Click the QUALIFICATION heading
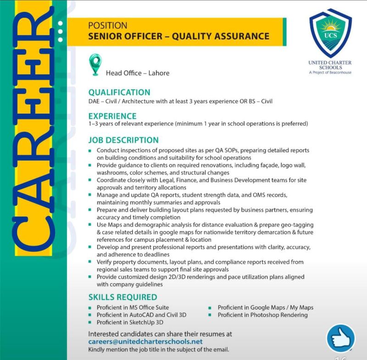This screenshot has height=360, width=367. tap(119, 92)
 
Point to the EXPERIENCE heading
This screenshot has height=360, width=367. tap(112, 116)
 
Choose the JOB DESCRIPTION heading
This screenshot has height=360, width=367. tap(123, 140)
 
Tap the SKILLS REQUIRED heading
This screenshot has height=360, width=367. tap(122, 297)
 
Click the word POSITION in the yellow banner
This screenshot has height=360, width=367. tap(108, 26)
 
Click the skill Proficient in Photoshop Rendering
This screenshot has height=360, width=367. tap(262, 315)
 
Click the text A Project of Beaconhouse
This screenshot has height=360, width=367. tap(330, 72)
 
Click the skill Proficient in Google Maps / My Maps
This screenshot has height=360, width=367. tap(265, 307)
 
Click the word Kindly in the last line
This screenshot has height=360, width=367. tap(96, 350)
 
